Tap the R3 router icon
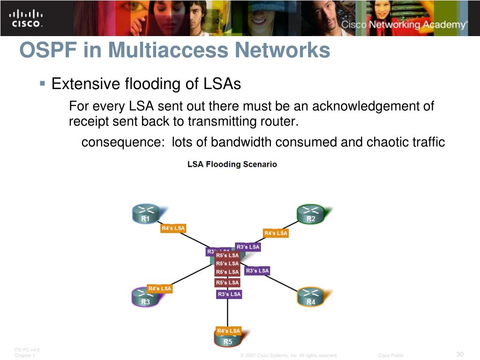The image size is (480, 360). [x=145, y=297]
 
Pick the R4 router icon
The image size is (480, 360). [x=310, y=297]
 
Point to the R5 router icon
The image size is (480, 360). [x=227, y=338]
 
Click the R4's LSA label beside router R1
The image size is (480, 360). [x=173, y=228]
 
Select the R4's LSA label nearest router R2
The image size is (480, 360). [x=276, y=233]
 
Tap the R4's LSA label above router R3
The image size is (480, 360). [x=159, y=288]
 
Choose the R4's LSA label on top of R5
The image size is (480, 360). [x=228, y=330]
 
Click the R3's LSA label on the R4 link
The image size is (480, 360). [x=257, y=270]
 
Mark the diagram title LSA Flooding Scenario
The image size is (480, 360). [x=232, y=165]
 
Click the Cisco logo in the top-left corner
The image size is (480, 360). [x=25, y=18]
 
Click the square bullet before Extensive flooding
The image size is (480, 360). [x=42, y=84]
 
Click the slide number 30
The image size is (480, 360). [x=459, y=354]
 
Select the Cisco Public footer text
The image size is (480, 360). [x=391, y=355]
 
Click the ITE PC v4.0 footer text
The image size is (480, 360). [x=27, y=350]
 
